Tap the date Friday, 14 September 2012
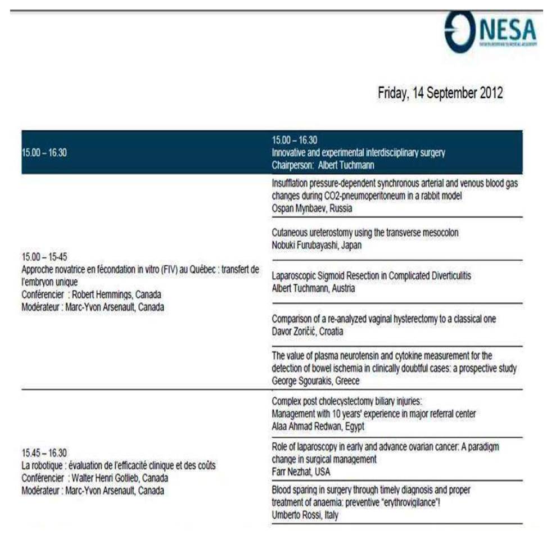coord(440,93)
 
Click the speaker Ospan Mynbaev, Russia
coord(311,208)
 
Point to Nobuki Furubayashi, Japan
coord(317,245)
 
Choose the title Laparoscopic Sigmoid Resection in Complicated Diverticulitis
coord(371,276)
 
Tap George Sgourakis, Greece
coord(315,380)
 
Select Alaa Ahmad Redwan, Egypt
coord(318,427)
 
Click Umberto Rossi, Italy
coord(305,515)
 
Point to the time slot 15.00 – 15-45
coord(44,257)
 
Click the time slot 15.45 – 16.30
coord(44,453)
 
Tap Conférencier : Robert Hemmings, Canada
coord(91,294)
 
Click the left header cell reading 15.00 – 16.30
coord(44,152)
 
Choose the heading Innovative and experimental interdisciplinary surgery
coord(358,152)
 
